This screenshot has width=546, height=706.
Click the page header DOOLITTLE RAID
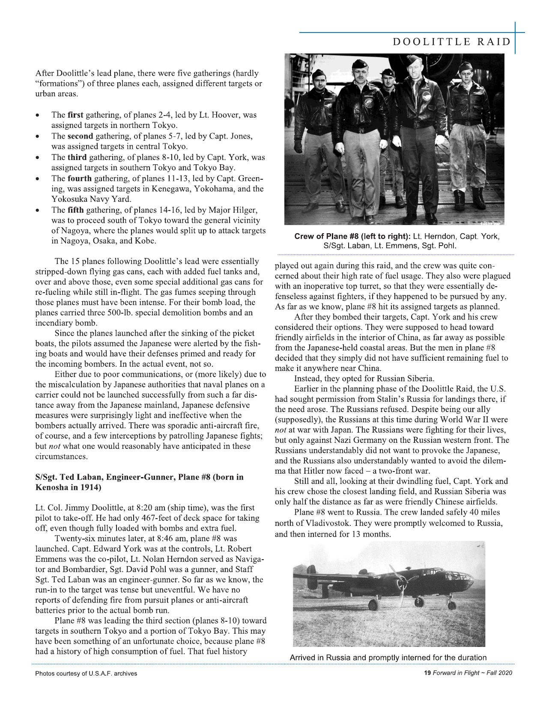tap(452, 42)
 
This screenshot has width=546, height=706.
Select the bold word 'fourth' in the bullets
tap(80, 178)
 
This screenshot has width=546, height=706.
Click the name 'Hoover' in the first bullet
tap(226, 115)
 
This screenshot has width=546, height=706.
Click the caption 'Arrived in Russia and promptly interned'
tap(388, 658)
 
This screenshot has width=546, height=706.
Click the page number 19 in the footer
tap(427, 673)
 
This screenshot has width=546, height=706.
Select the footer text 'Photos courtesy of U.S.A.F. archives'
tap(86, 673)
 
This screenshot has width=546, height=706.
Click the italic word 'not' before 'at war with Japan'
tap(280, 430)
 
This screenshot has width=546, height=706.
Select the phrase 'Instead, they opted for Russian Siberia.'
tap(364, 379)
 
